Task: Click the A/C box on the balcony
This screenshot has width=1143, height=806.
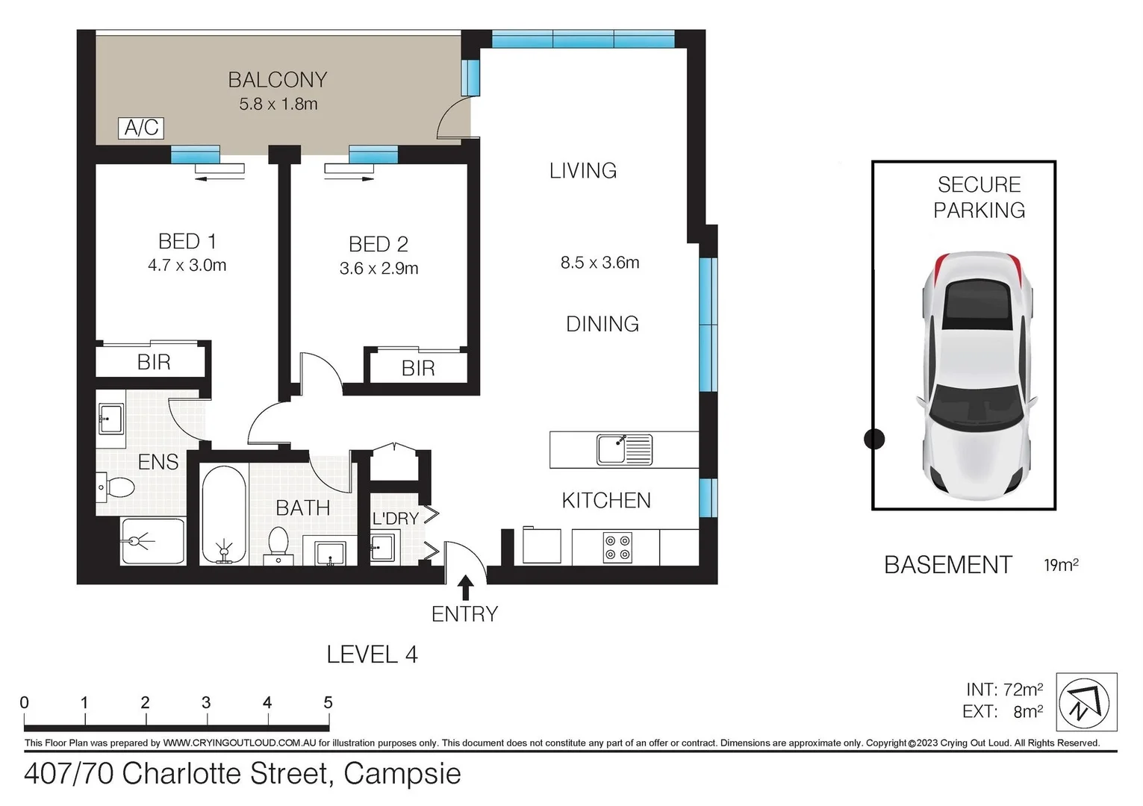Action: coord(141,128)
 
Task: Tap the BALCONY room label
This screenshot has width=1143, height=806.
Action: coord(277,80)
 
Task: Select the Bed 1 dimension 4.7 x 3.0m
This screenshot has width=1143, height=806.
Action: coord(187,265)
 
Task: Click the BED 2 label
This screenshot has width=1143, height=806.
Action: coord(378,244)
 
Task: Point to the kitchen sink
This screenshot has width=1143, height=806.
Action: coord(624,450)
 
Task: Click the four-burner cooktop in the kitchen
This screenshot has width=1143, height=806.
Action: coord(617,547)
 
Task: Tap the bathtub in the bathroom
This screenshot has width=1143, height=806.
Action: coord(223,515)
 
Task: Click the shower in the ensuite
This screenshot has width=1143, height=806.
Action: coord(152,540)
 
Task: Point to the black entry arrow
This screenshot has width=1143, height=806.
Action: coord(465,587)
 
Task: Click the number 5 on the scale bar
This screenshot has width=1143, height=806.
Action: coord(328,702)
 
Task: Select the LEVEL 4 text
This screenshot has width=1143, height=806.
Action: coord(372,655)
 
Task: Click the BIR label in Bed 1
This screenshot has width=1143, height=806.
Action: coord(154,363)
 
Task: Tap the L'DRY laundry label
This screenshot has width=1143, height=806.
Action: coord(395,518)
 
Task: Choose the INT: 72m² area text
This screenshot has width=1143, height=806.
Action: coord(1004,690)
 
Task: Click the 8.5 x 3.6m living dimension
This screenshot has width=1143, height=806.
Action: coord(599,263)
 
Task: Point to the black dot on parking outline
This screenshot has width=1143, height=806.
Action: coord(873,440)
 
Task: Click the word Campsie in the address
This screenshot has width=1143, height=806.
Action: coord(402,774)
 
